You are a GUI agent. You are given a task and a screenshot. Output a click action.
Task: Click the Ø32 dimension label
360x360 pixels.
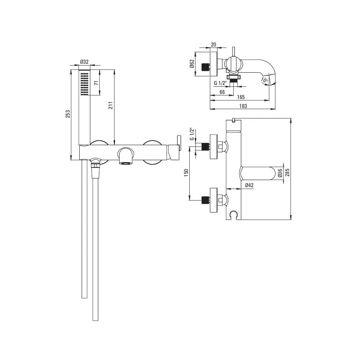coord(84,62)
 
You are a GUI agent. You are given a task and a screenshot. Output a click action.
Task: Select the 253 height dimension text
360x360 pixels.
coord(68,114)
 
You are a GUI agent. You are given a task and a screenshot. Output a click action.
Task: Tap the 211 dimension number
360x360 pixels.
coord(111,105)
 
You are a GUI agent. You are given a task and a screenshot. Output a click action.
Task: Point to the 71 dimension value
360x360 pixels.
coord(97,83)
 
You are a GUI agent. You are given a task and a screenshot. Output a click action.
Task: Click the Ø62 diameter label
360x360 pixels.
coord(192,64)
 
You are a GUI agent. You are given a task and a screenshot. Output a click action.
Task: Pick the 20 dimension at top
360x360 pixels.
coord(213,44)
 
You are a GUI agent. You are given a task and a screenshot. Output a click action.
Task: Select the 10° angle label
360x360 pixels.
coord(264,81)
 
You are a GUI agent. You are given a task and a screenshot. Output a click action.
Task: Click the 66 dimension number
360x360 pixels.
coord(222,92)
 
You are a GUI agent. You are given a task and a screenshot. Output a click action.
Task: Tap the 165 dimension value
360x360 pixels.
coord(241,97)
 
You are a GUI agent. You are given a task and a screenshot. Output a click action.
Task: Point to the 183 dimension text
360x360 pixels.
coord(243,106)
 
